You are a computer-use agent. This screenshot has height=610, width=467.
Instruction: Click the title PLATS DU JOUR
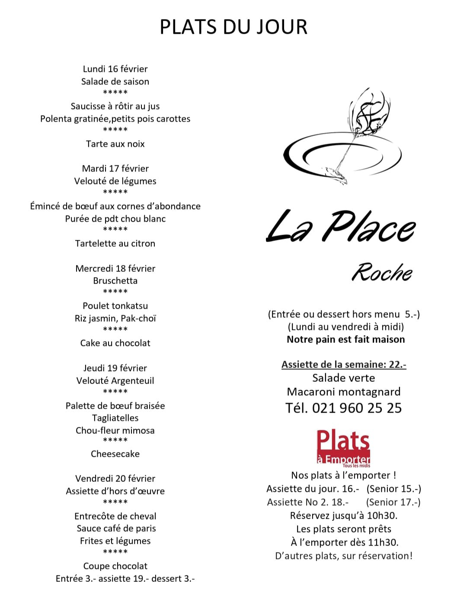pos(233,26)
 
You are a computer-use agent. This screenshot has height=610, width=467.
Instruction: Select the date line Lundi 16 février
pos(115,69)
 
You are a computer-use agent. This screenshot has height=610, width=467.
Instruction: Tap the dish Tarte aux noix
pos(115,144)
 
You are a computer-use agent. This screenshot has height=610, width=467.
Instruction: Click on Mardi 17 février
pos(115,168)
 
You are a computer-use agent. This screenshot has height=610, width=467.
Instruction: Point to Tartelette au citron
pos(115,243)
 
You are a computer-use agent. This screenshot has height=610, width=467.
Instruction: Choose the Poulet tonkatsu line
pos(115,306)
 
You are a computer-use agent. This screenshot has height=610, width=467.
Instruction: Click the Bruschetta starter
pos(115,281)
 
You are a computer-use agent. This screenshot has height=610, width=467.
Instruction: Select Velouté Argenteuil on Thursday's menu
pos(115,381)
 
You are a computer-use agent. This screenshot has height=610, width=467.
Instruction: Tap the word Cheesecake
pos(115,454)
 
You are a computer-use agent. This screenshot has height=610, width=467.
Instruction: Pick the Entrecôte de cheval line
pos(115,516)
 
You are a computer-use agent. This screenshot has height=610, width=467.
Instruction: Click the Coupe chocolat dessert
pos(115,566)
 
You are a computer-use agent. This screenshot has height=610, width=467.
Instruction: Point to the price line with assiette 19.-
pos(125,578)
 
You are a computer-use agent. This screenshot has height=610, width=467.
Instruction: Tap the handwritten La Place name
pos(340,226)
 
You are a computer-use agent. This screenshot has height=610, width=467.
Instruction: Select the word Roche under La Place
pos(381,272)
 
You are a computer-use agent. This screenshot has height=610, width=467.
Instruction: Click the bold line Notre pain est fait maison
pos(345,339)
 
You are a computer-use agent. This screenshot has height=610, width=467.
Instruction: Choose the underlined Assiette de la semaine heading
pos(344,365)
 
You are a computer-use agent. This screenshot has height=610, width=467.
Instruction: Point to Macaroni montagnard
pos(344,392)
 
